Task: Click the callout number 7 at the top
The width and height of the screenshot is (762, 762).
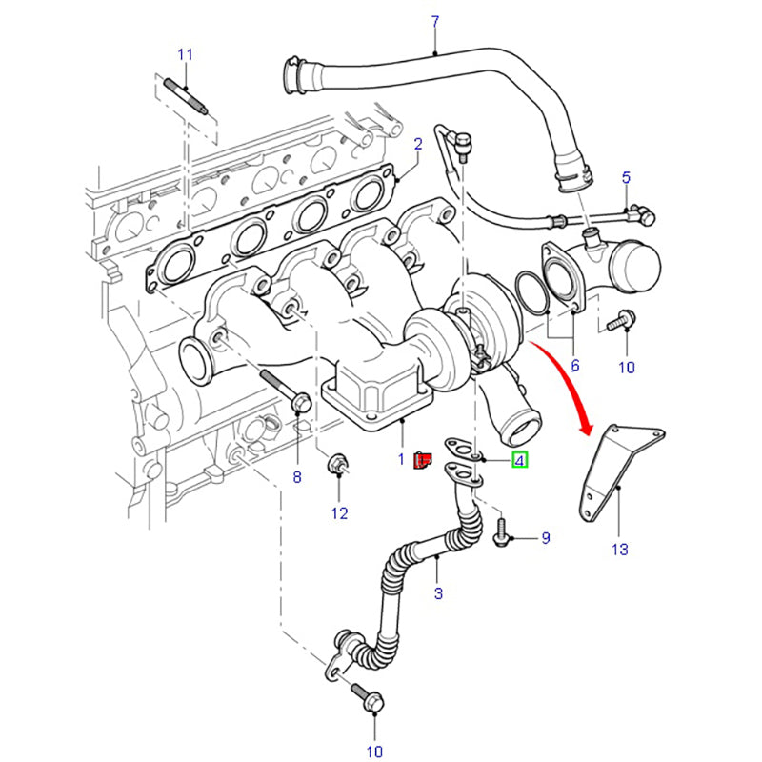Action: pos(435,21)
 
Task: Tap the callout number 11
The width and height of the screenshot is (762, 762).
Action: pos(185,53)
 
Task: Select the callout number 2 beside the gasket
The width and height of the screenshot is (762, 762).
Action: pos(417,144)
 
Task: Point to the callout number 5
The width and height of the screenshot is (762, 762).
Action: pos(626,177)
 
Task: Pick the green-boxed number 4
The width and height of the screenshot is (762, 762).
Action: pos(519,461)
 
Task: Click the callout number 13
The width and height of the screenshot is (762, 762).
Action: pos(620,549)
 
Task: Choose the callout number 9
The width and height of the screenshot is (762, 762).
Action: pos(546,538)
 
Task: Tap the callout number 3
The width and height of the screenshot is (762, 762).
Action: pos(439,594)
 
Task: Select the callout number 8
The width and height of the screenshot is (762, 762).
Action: pos(296,476)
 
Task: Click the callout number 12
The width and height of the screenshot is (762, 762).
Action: pos(340,514)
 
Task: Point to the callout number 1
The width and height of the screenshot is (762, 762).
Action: pos(402,460)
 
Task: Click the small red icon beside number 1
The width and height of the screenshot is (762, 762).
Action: pos(423,461)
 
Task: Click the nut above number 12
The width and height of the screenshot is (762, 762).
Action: pos(338,466)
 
